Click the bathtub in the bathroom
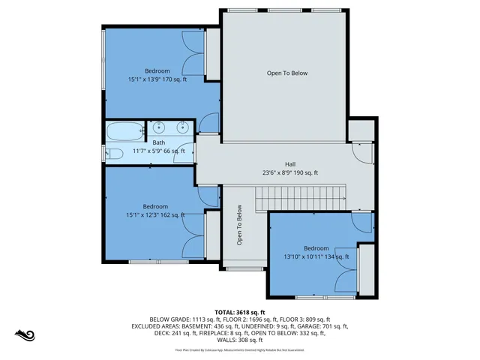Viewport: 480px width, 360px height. [124, 131]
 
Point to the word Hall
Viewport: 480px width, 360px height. [289, 163]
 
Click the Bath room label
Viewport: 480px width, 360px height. [159, 142]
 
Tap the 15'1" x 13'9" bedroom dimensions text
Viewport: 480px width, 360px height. [157, 79]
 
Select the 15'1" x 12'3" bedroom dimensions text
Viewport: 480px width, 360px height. [155, 215]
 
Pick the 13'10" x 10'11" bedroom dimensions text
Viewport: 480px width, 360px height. [316, 256]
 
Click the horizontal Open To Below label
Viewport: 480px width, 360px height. [287, 73]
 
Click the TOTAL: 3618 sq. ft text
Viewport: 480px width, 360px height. [240, 312]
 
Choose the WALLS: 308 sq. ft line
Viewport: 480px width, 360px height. [240, 340]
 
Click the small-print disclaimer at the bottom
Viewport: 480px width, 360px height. [240, 349]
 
